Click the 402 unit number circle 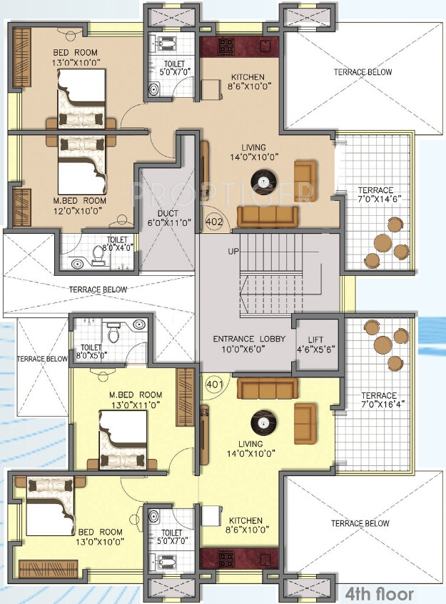pos(214,222)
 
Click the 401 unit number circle pos(215,384)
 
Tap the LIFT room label pos(315,340)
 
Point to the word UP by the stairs pos(233,252)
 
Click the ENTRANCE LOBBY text pos(249,339)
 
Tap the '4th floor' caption pos(380,593)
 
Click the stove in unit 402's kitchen pos(225,46)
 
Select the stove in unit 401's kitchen pos(225,558)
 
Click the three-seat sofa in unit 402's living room pos(267,217)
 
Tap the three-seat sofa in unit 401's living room pos(267,388)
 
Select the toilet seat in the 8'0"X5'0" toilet pos(113,333)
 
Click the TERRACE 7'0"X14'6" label pos(375,194)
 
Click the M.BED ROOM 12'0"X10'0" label pos(79,205)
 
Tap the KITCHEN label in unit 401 pos(246,520)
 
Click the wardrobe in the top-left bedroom pos(22,57)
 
